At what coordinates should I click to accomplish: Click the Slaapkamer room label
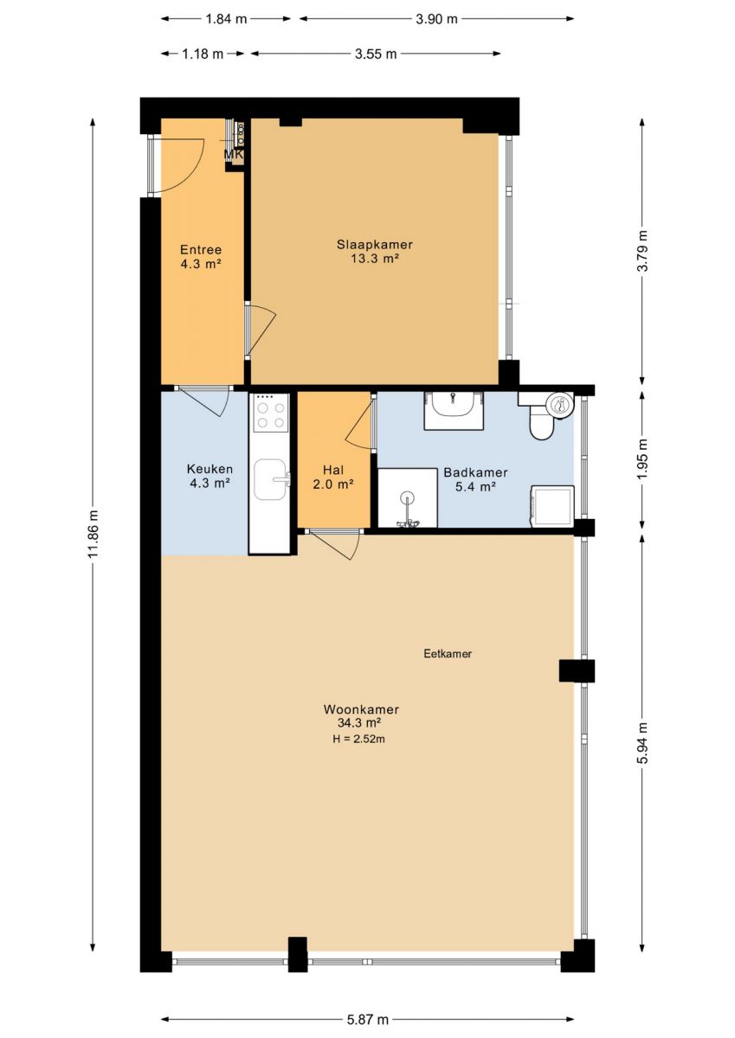(x=375, y=244)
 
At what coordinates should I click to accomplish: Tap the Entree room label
(x=201, y=250)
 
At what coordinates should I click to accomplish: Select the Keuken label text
(x=210, y=469)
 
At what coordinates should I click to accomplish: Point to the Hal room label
(x=333, y=471)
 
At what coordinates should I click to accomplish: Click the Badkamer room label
(x=476, y=472)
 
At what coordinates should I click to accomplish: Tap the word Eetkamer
(x=448, y=654)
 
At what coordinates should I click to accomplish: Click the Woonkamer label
(x=361, y=709)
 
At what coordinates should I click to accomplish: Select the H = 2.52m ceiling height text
(x=358, y=739)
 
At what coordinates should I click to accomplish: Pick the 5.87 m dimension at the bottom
(x=368, y=1003)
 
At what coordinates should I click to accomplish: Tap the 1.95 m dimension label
(x=642, y=460)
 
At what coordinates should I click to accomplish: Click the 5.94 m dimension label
(x=642, y=744)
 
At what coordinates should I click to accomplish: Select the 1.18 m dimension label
(x=203, y=54)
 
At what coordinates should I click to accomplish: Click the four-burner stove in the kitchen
(x=271, y=413)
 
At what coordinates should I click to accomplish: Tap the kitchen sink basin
(x=270, y=479)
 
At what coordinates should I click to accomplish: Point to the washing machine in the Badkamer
(x=551, y=506)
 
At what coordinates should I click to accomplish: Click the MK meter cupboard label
(x=234, y=154)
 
